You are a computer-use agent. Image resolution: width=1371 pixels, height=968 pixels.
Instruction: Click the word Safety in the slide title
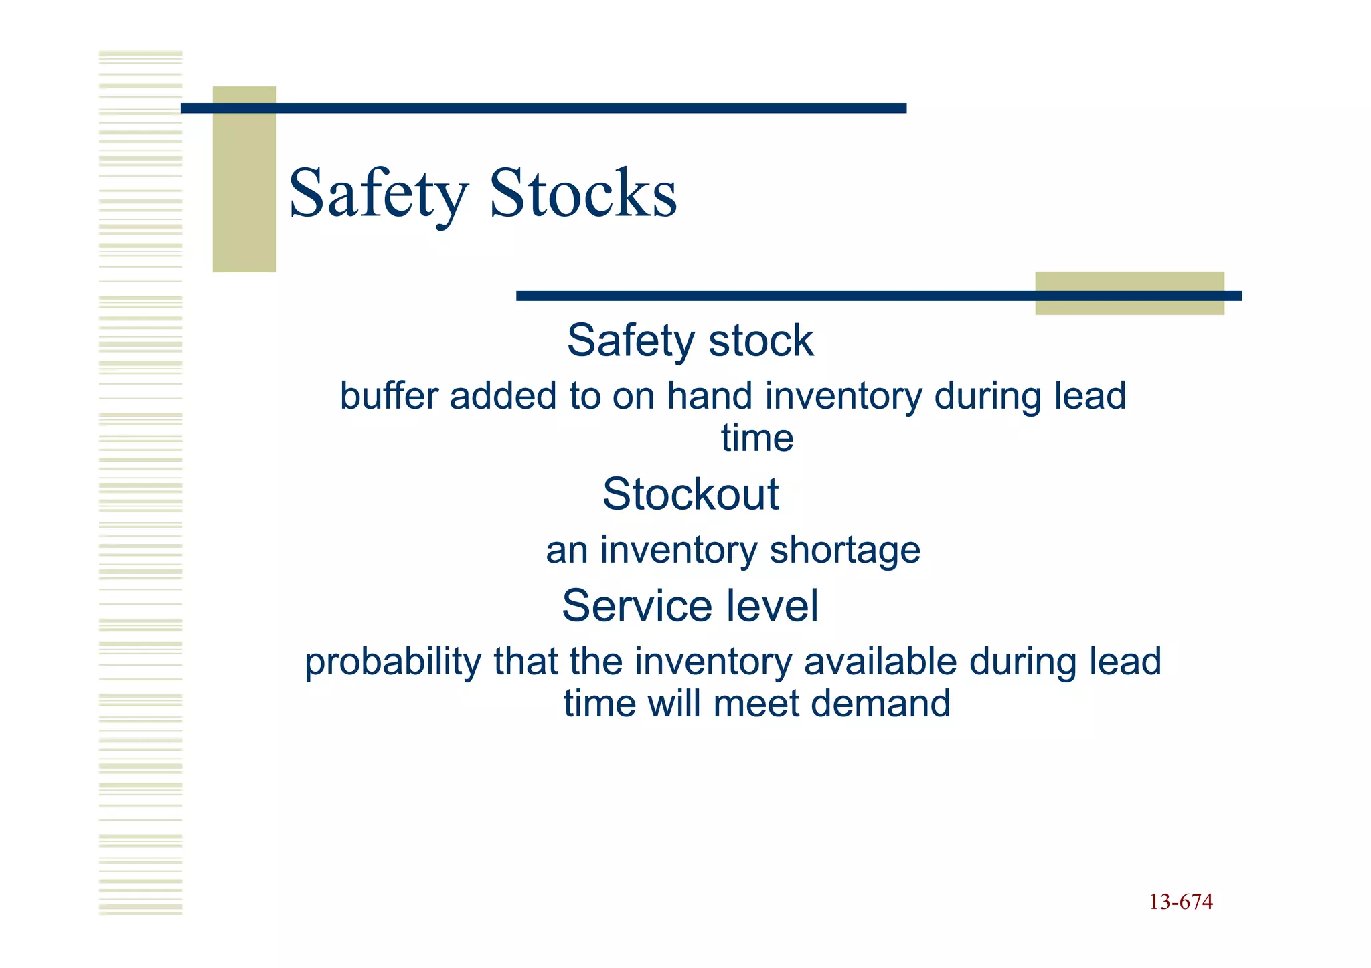[x=378, y=194]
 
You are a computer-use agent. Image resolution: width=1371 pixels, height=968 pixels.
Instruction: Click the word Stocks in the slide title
[x=583, y=194]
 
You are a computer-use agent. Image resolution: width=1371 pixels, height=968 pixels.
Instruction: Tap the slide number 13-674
[x=1181, y=902]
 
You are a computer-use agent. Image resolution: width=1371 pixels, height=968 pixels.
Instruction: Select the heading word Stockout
[x=690, y=494]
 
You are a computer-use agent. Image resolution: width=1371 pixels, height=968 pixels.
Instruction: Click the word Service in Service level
[x=629, y=606]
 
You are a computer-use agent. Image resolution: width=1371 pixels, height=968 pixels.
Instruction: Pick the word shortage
[x=845, y=551]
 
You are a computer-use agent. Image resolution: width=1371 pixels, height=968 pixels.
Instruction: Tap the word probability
[x=392, y=662]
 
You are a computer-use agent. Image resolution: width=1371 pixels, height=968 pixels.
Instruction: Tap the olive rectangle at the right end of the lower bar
[x=1129, y=293]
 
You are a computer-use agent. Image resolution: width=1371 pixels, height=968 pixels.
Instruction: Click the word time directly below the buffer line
[x=757, y=439]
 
